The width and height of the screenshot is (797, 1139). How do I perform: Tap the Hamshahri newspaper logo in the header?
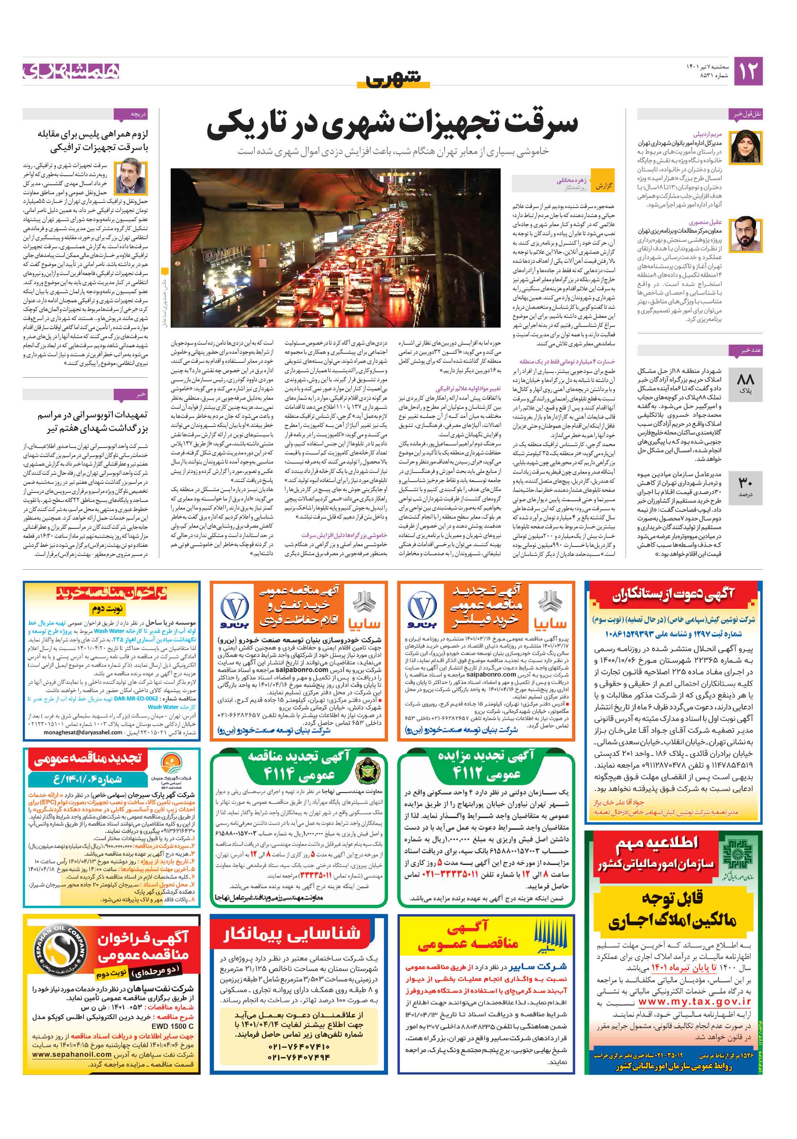(71, 71)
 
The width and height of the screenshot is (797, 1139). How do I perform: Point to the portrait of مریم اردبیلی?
(746, 147)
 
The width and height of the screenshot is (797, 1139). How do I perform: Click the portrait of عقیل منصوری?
(746, 233)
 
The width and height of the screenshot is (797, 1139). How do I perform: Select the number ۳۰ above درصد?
(746, 483)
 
